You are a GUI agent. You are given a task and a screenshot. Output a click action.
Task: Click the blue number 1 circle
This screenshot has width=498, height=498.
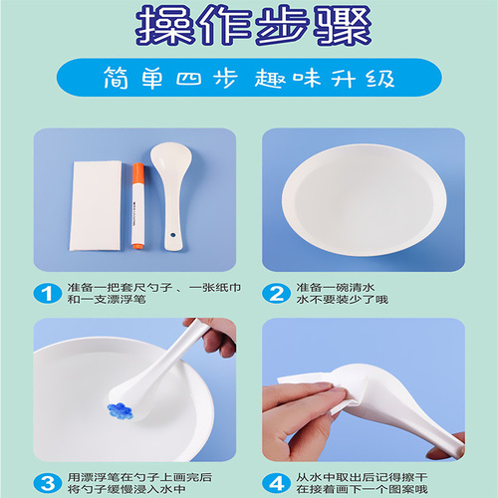(x=45, y=294)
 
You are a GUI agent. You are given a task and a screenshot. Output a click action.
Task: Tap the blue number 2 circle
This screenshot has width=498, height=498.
(x=277, y=294)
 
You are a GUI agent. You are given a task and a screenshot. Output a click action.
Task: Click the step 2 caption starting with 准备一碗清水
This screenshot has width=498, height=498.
(x=339, y=287)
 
